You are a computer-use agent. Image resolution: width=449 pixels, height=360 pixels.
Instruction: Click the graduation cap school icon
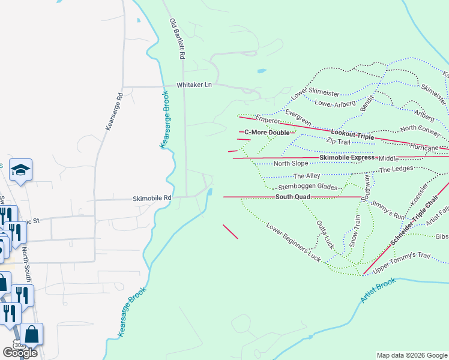point(21,170)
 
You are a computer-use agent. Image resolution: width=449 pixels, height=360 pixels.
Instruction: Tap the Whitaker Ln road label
point(194,86)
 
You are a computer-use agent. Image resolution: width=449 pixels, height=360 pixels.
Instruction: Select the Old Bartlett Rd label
point(176,39)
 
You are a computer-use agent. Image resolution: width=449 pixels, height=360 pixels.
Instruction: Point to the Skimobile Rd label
point(152,198)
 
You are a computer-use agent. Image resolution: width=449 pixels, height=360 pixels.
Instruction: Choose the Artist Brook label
point(378,290)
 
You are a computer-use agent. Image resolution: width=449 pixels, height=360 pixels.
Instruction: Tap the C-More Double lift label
point(267,132)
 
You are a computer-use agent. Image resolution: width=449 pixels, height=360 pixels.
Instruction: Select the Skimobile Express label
point(347,158)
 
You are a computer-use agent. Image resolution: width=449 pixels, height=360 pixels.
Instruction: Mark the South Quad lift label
point(293,197)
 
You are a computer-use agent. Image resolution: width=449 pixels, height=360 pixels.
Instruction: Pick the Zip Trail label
point(338,142)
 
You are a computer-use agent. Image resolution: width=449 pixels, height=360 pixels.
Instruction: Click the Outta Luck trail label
point(325,235)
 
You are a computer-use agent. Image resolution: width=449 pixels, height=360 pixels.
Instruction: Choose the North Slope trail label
point(291,163)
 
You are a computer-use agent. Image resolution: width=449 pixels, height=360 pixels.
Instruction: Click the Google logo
point(19,352)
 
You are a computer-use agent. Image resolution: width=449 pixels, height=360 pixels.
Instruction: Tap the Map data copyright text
point(411,355)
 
